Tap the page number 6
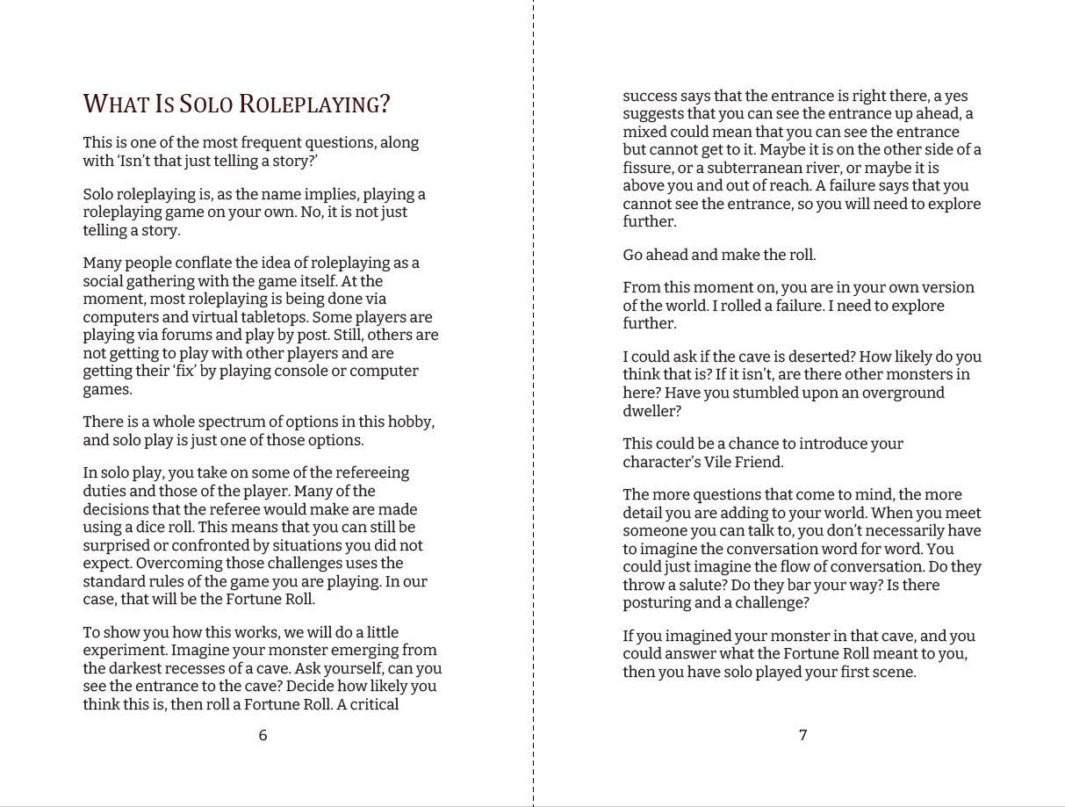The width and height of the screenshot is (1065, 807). point(263,735)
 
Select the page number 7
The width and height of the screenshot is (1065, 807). point(802,735)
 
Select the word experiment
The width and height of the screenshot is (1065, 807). point(125,651)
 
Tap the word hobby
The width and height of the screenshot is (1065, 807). point(410,422)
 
